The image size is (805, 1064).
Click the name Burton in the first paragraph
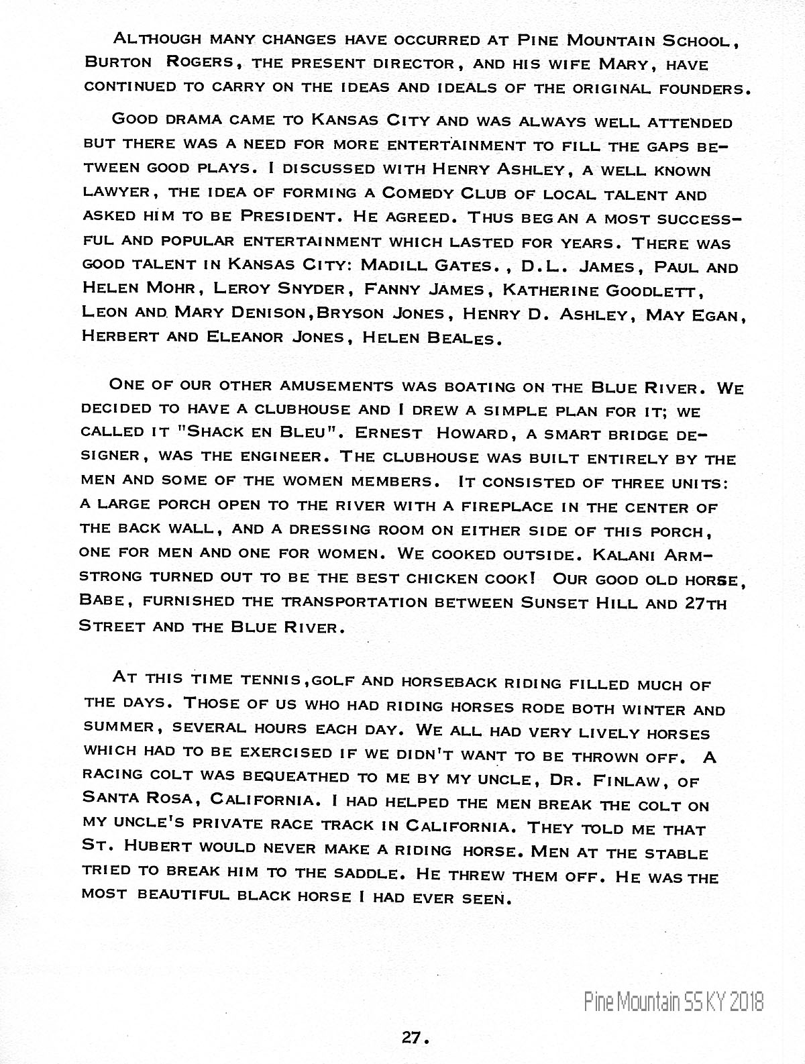(115, 62)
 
